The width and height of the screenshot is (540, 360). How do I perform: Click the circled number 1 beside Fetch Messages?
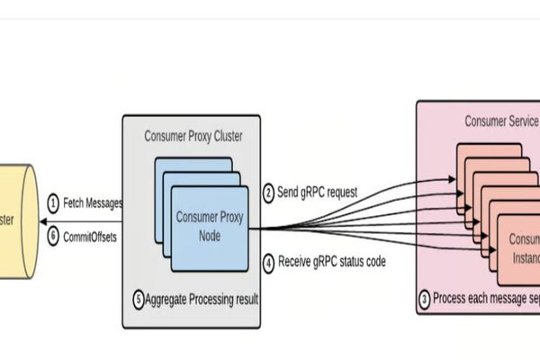pyautogui.click(x=53, y=203)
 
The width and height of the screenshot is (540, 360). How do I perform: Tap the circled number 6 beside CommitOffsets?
pyautogui.click(x=53, y=235)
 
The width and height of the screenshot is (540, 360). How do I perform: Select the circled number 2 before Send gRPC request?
pyautogui.click(x=268, y=192)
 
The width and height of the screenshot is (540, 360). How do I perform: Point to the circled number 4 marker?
pyautogui.click(x=268, y=264)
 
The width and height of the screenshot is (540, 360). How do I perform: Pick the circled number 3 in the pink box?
pyautogui.click(x=425, y=299)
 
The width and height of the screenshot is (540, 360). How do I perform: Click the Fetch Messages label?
pyautogui.click(x=93, y=203)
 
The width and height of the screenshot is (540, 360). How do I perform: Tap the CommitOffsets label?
pyautogui.click(x=91, y=235)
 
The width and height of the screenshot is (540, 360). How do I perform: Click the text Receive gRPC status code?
pyautogui.click(x=333, y=264)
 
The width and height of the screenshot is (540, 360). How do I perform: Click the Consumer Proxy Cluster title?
pyautogui.click(x=192, y=136)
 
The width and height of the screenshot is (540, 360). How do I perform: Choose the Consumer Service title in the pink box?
pyautogui.click(x=501, y=121)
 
